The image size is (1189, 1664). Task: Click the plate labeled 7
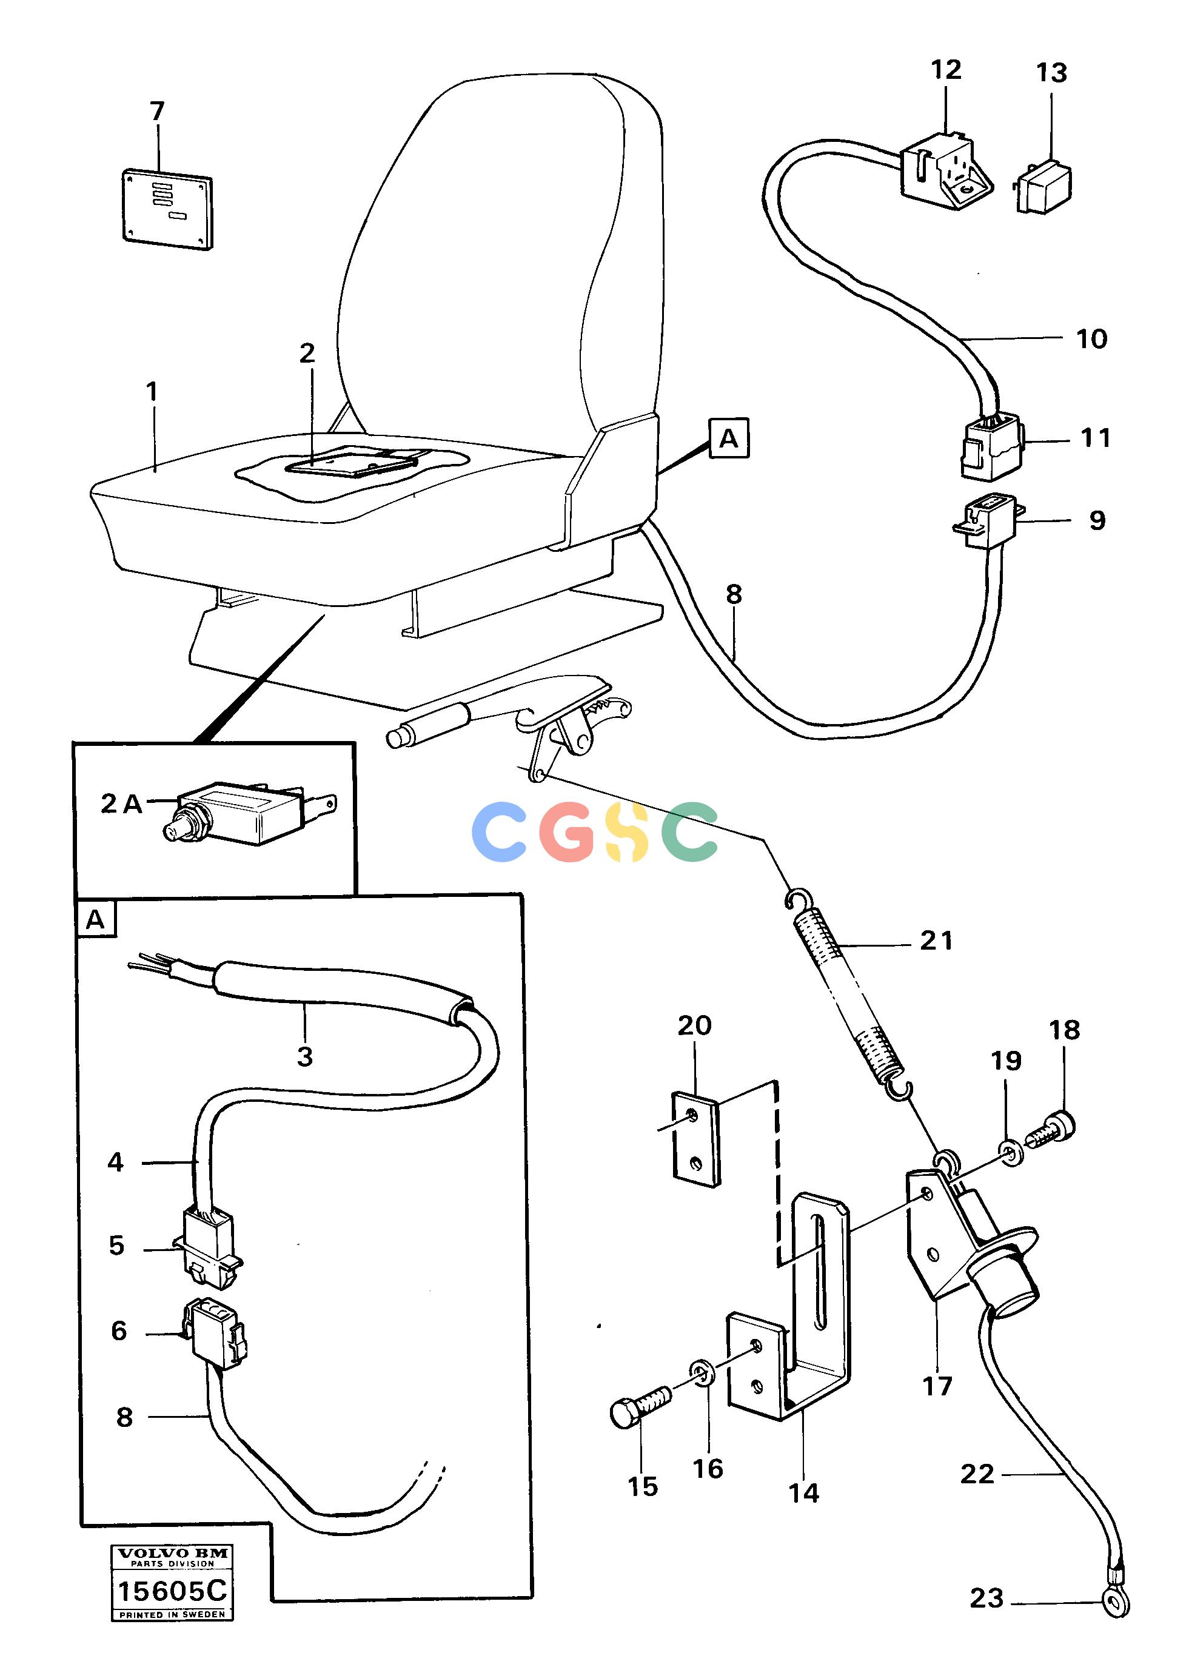point(166,209)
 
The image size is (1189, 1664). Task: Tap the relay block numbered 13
point(1043,187)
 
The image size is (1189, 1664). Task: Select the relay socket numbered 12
point(945,170)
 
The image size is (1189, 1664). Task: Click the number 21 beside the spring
point(936,940)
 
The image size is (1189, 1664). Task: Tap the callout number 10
point(1091,339)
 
